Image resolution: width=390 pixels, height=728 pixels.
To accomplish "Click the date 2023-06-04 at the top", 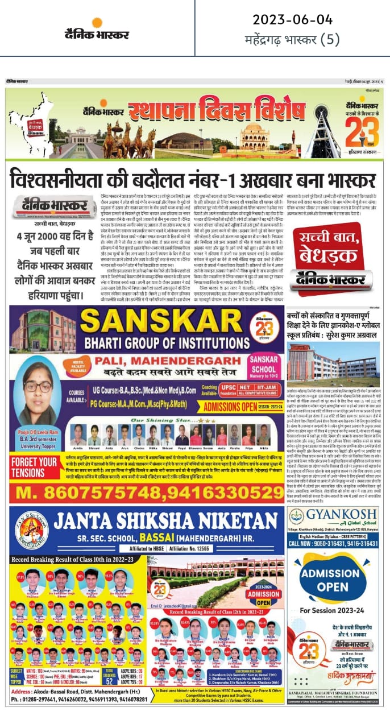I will pos(292,20).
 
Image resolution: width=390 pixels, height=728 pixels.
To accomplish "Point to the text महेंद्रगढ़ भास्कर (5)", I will pos(292,40).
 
